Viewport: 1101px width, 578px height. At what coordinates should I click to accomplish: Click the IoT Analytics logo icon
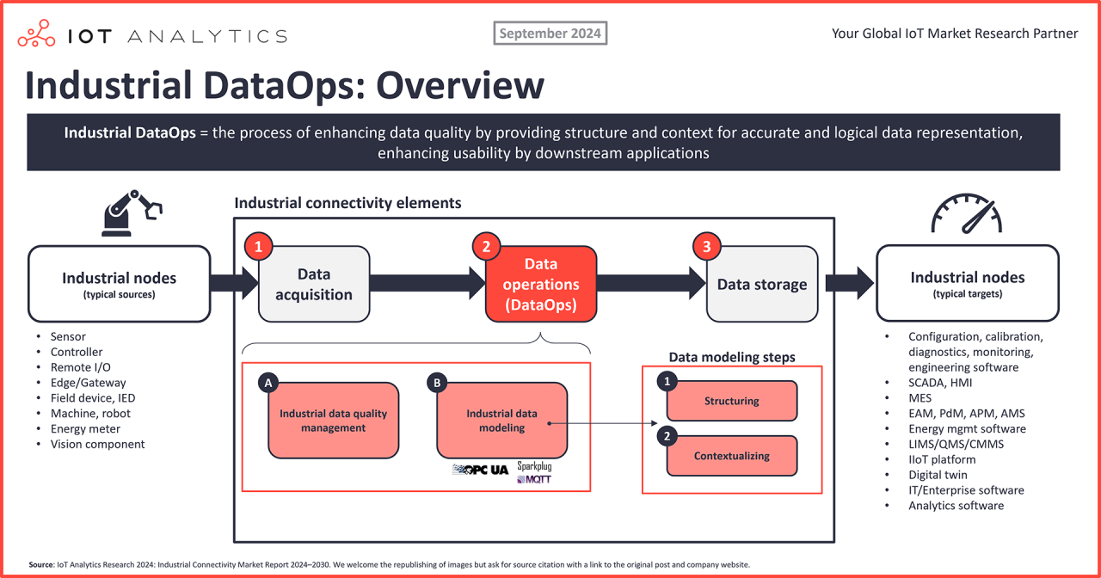point(37,35)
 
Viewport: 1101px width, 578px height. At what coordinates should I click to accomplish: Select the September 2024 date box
point(550,34)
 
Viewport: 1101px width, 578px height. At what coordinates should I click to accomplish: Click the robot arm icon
point(131,212)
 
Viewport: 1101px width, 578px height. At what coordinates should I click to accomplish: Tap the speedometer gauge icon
point(967,212)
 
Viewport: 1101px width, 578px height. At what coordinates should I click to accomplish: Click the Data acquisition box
point(314,284)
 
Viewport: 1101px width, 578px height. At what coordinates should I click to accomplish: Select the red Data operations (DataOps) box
point(541,284)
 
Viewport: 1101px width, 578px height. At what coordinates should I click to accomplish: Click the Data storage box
point(761,284)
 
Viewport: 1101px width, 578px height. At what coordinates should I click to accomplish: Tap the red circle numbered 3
point(707,247)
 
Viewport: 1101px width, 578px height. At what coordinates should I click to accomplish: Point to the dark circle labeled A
point(269,384)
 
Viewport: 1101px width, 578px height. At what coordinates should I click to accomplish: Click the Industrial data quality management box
point(333,421)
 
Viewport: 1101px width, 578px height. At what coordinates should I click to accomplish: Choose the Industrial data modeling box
point(501,421)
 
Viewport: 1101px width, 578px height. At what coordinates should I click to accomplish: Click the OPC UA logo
point(480,470)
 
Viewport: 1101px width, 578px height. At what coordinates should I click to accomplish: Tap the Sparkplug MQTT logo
point(534,472)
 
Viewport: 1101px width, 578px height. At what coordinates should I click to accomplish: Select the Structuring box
point(732,401)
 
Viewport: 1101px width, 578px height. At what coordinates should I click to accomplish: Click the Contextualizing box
point(732,456)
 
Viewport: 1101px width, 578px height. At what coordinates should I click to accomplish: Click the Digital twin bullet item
point(938,475)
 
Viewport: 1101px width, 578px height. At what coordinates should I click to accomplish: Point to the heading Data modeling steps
point(732,357)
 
